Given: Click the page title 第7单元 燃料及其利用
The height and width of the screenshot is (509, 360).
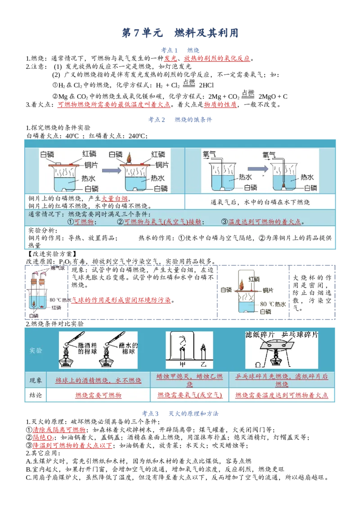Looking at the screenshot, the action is point(180,32).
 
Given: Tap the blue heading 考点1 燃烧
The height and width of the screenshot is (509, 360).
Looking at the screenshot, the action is point(180,50).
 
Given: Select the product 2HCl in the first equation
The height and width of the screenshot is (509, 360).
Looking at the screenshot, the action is point(206,85).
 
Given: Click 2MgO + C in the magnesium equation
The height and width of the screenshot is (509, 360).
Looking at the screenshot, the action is point(273,96).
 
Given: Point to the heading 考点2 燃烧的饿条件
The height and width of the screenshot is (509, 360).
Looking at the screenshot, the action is point(180,120).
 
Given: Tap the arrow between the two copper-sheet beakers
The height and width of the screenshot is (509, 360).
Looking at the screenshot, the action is point(111,170).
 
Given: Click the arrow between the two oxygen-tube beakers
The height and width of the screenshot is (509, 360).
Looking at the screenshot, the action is point(258,169).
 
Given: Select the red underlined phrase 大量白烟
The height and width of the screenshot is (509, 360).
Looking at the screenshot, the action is point(115,198).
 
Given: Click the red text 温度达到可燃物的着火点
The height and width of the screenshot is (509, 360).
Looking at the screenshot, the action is point(265,222).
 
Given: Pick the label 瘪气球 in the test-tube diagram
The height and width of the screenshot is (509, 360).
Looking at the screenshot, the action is point(58,268).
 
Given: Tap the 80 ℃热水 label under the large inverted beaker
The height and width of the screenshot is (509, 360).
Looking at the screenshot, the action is point(273,304).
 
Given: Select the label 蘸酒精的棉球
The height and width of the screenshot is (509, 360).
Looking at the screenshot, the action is point(87,348).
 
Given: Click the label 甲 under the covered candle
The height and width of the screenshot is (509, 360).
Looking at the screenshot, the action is point(183,365).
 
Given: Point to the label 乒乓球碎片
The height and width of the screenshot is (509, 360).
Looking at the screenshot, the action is point(300,335).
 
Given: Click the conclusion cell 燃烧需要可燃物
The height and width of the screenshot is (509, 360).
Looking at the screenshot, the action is point(98,395).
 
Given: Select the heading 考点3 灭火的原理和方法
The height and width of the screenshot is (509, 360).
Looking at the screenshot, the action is point(180,414).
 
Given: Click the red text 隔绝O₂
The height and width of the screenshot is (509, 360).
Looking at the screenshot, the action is point(43,438).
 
